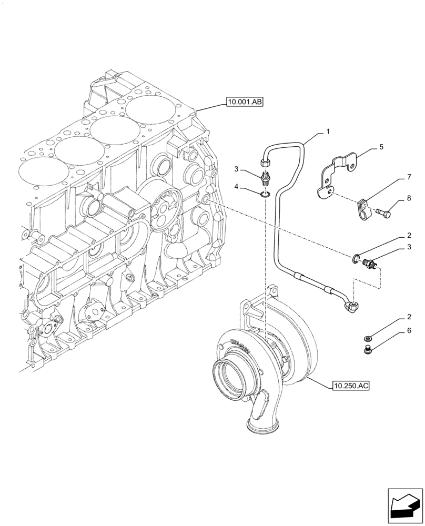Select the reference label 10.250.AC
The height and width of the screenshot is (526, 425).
coord(351,386)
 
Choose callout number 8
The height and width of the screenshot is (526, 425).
coord(408,199)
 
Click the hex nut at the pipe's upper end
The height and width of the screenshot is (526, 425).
coord(265,156)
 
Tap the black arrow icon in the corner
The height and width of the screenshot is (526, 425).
coord(404,506)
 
